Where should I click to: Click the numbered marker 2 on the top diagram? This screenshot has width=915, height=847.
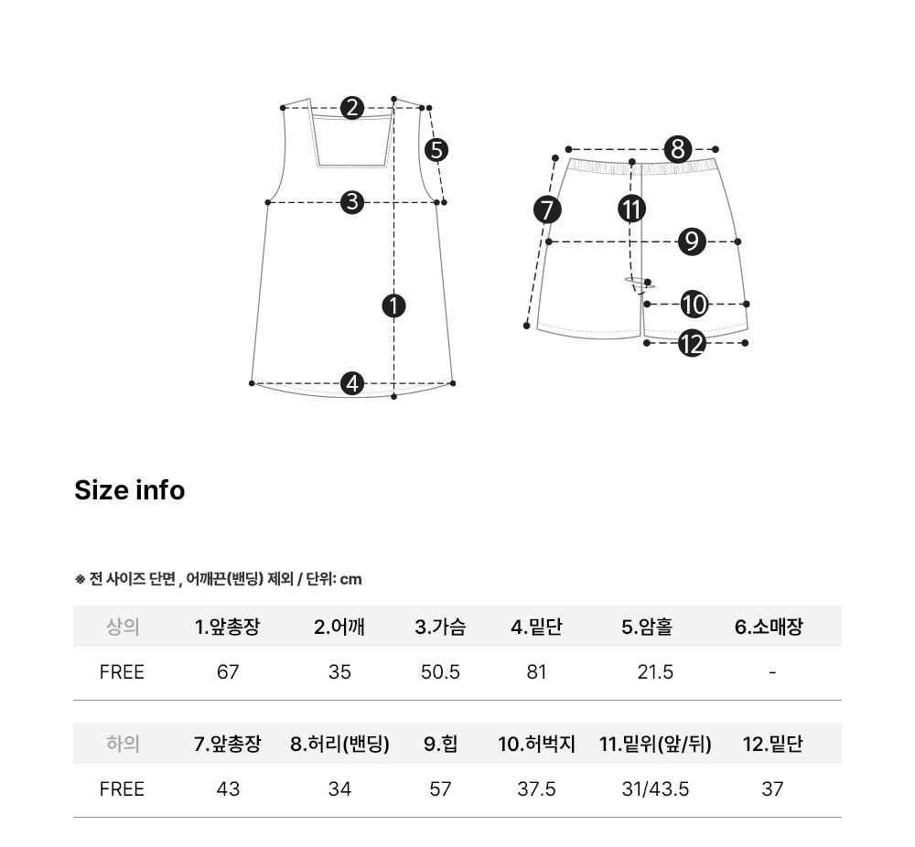(x=352, y=108)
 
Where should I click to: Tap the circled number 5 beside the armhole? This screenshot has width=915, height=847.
(x=436, y=150)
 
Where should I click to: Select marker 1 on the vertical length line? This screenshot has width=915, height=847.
(x=393, y=306)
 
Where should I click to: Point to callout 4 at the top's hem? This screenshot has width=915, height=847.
(x=352, y=383)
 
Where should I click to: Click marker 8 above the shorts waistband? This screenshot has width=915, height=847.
(x=677, y=149)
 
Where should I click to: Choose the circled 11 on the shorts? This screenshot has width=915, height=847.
(x=631, y=209)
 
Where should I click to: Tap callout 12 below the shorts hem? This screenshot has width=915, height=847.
(x=692, y=343)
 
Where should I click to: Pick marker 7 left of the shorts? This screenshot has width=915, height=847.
(x=547, y=210)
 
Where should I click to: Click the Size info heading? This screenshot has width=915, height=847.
(x=130, y=490)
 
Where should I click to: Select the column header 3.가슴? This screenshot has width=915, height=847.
(x=440, y=627)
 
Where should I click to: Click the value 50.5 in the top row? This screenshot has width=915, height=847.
(x=440, y=672)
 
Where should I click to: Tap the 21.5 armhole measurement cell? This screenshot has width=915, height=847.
(x=655, y=672)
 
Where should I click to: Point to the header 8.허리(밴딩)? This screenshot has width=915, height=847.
(x=339, y=744)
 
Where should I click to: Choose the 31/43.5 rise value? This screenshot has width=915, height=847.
(x=655, y=789)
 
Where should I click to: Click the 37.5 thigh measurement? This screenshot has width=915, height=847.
(x=536, y=789)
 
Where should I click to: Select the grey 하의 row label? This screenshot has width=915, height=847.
(x=123, y=744)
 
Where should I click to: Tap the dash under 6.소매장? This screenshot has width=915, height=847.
(x=772, y=672)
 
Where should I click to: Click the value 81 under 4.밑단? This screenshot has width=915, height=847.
(x=536, y=672)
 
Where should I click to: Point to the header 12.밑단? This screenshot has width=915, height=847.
(x=772, y=744)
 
